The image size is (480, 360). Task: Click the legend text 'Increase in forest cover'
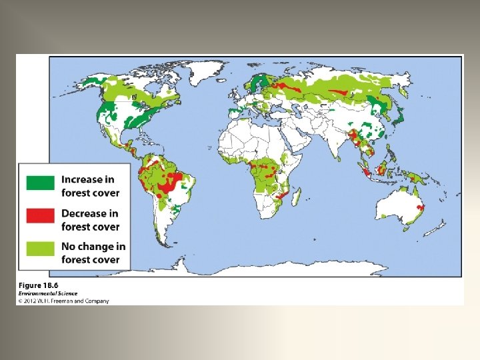pyautogui.click(x=90, y=186)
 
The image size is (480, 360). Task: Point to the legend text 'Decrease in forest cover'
pyautogui.click(x=90, y=220)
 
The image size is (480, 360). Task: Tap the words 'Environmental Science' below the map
pyautogui.click(x=48, y=293)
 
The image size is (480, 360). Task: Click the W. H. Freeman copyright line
pyautogui.click(x=63, y=301)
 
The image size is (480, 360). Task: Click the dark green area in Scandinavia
pyautogui.click(x=256, y=84)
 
